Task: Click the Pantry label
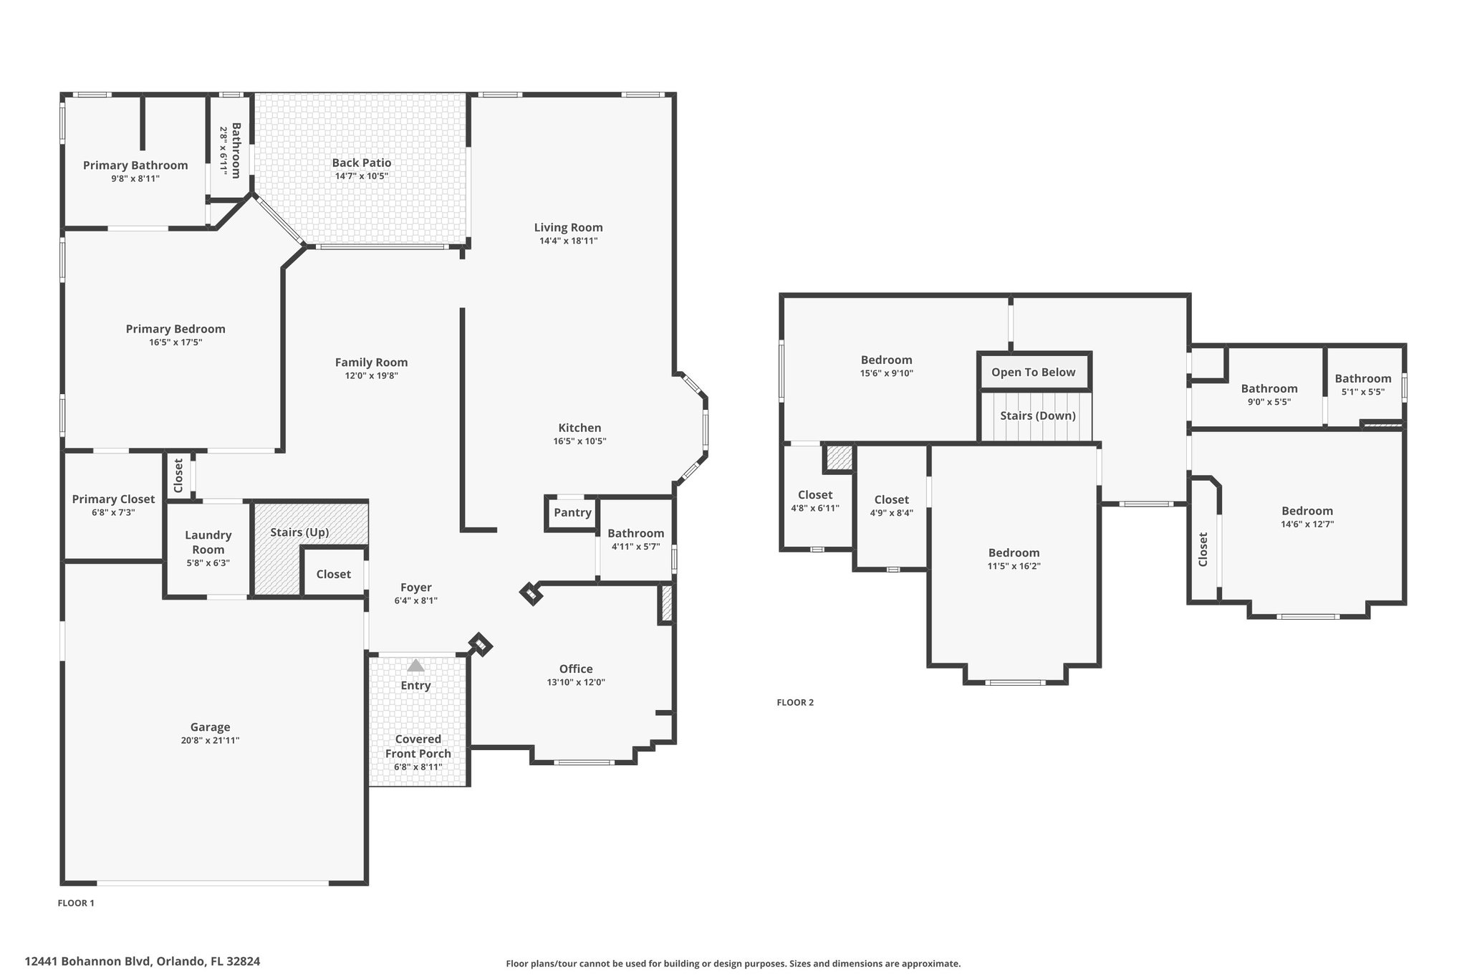tap(572, 512)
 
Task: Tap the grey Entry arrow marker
tap(415, 666)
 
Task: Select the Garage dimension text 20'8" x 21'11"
tap(210, 741)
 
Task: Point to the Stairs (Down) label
tap(1038, 416)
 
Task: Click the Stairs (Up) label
tap(299, 532)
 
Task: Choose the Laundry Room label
tap(208, 542)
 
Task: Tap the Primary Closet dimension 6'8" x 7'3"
tap(113, 513)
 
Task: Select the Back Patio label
tap(362, 163)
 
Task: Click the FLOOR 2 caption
tap(795, 702)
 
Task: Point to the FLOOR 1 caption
tap(76, 903)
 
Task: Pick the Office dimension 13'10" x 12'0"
tap(576, 682)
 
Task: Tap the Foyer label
tap(416, 588)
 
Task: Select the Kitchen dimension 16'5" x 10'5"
tap(579, 441)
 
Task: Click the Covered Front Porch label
tap(418, 746)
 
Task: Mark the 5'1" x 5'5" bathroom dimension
tap(1363, 392)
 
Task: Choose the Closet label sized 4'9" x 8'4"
tap(892, 499)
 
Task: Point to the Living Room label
tap(569, 227)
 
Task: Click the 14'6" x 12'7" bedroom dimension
tap(1307, 524)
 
